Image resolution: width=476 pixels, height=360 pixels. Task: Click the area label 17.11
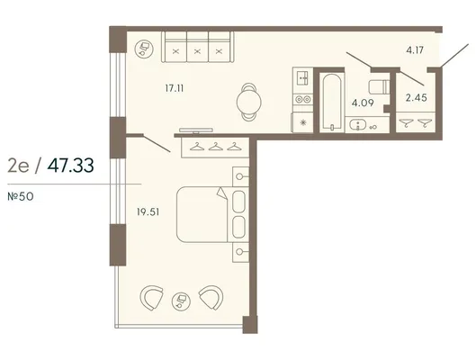(175, 88)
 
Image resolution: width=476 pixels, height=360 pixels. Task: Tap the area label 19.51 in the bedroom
(148, 211)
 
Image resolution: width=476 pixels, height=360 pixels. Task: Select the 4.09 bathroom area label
(363, 103)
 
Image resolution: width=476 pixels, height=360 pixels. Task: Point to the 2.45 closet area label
(417, 97)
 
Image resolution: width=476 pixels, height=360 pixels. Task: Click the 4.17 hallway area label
(415, 49)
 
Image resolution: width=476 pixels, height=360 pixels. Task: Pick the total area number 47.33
(70, 166)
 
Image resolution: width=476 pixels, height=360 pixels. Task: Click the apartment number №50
(21, 197)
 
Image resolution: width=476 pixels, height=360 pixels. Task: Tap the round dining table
(248, 102)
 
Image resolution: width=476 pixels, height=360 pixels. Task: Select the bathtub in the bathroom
(331, 101)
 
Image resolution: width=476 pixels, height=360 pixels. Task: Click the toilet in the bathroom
(379, 86)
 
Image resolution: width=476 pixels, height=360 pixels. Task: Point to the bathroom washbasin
(358, 124)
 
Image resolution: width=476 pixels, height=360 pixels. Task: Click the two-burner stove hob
(302, 99)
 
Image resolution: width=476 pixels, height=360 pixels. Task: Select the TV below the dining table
(196, 130)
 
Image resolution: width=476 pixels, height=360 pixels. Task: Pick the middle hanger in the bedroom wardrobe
(215, 147)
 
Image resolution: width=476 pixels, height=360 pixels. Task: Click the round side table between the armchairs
(181, 301)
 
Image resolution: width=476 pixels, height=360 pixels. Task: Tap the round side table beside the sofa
(144, 49)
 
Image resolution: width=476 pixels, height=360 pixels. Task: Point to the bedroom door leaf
(157, 143)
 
